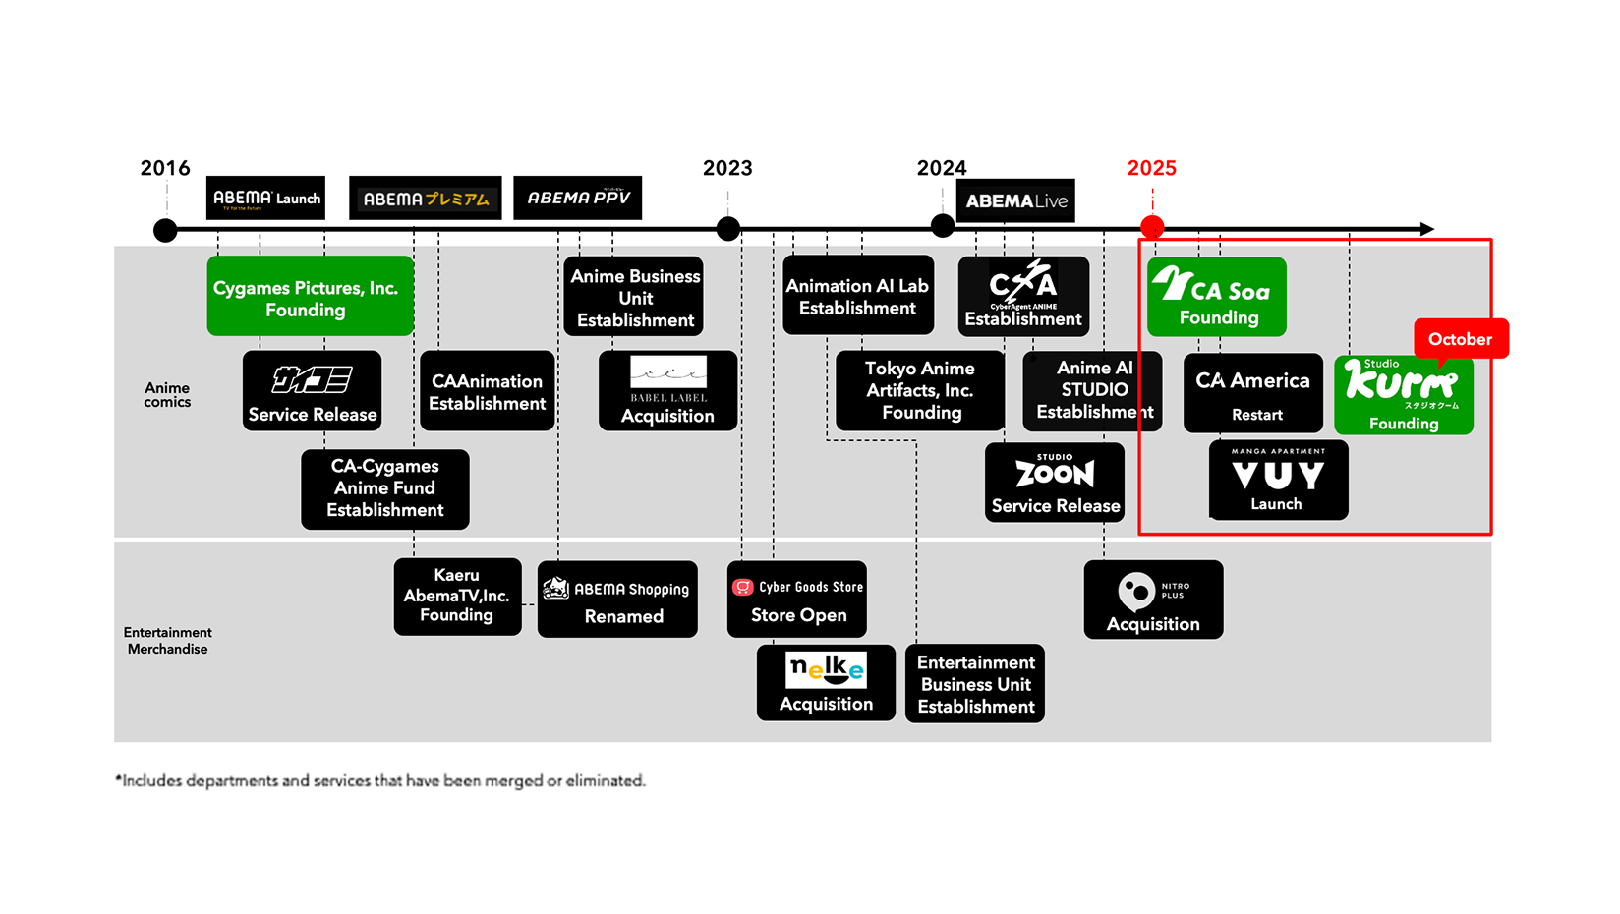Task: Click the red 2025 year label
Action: [1151, 168]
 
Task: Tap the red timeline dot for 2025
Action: [1152, 228]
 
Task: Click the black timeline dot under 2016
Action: [165, 230]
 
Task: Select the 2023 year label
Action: [727, 168]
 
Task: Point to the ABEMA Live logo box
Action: [1015, 200]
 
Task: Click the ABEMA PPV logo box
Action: [578, 198]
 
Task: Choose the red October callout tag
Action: [1460, 339]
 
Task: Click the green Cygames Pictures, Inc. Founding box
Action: [310, 296]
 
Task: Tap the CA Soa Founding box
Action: [1217, 297]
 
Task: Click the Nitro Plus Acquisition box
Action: [1153, 600]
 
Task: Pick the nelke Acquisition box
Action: [826, 683]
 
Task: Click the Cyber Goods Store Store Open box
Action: [797, 600]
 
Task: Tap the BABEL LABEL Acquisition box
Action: [667, 391]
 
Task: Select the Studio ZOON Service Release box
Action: [1055, 483]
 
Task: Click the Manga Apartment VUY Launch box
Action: [1278, 480]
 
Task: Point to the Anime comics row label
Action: [167, 395]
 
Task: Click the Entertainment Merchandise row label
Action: [167, 641]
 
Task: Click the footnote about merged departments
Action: [380, 780]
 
